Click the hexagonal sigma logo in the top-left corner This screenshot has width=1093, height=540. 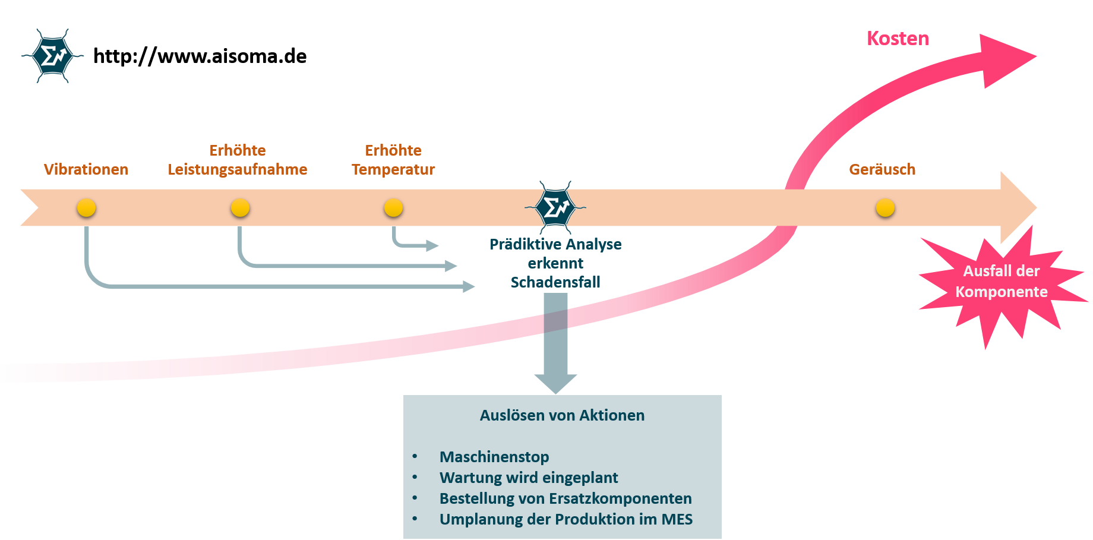coord(53,56)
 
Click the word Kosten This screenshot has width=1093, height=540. coord(898,39)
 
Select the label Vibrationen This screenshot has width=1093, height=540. coord(86,169)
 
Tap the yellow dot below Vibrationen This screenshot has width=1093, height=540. coord(86,208)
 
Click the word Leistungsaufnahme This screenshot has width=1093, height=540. coord(238,169)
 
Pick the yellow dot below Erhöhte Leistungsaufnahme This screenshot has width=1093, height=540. coord(240,208)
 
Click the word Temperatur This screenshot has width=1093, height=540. coord(393,169)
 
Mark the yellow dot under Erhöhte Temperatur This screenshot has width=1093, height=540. coord(393,208)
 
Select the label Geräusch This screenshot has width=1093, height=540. coord(882,169)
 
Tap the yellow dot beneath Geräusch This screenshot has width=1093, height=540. coord(885,208)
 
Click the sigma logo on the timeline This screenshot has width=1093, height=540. coord(555,208)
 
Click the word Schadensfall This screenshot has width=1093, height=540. coord(555,282)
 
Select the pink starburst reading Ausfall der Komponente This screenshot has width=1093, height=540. coord(1002,282)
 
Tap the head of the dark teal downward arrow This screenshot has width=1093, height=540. coord(555,383)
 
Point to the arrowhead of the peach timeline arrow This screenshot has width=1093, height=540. coord(1017,208)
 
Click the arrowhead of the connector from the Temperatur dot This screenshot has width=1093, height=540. coord(432,245)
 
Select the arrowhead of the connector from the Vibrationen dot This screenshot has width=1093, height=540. coord(469,287)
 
